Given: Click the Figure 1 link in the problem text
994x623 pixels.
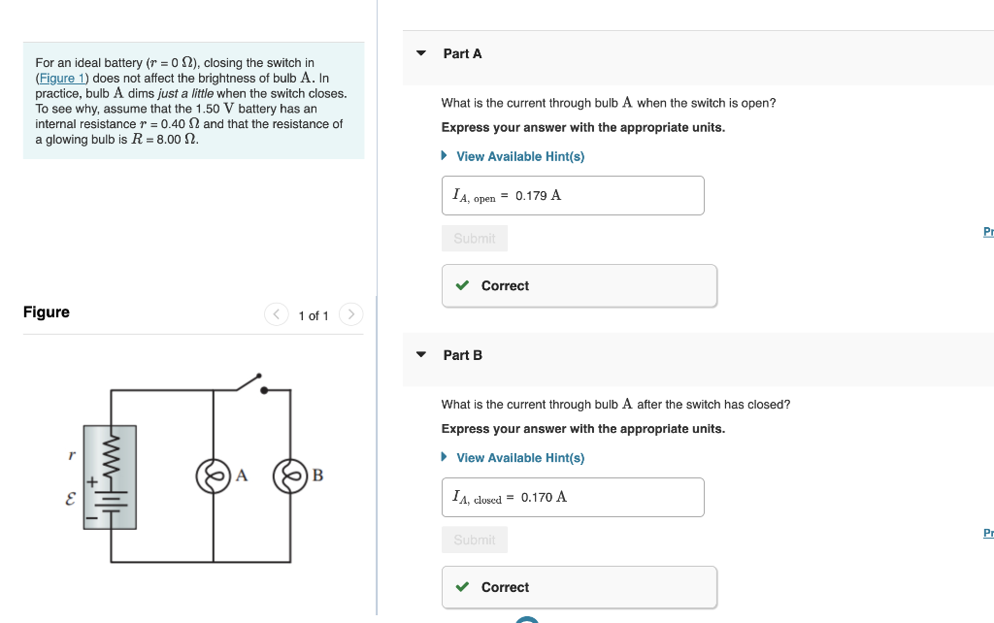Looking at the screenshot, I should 62,78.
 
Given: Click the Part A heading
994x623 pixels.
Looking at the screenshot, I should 462,53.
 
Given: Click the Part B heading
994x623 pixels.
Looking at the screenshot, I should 462,355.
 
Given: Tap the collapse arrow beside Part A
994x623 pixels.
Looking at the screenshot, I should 421,53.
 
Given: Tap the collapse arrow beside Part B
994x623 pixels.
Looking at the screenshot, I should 421,355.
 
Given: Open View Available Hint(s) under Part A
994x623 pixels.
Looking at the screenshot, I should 519,156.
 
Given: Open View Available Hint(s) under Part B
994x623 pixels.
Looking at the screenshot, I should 519,458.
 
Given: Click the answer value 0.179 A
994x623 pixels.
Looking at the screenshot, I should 538,195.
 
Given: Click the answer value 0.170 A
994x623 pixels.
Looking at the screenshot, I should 544,497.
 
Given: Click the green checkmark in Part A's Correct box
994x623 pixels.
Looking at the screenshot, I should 463,286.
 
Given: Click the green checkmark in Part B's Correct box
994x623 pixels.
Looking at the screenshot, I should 463,587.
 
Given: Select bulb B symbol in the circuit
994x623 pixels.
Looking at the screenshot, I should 289,475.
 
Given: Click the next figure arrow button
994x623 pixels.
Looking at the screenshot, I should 351,314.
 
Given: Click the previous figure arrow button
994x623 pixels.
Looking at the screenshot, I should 277,314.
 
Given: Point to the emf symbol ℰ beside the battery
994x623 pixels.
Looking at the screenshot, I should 70,501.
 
